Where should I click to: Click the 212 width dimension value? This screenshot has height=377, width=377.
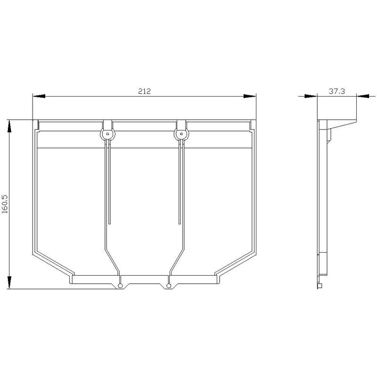(x=144, y=91)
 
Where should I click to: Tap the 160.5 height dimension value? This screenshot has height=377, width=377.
(x=5, y=204)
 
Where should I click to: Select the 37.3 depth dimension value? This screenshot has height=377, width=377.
(x=336, y=91)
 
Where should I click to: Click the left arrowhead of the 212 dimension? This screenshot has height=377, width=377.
(x=39, y=96)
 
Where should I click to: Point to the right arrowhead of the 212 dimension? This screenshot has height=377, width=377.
(x=250, y=96)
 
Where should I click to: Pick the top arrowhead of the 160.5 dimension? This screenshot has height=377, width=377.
(x=9, y=126)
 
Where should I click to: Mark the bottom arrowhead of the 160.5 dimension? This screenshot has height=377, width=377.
(x=9, y=282)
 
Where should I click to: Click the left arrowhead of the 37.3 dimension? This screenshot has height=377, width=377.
(x=311, y=96)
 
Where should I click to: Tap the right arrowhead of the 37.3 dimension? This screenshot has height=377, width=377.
(x=363, y=96)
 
